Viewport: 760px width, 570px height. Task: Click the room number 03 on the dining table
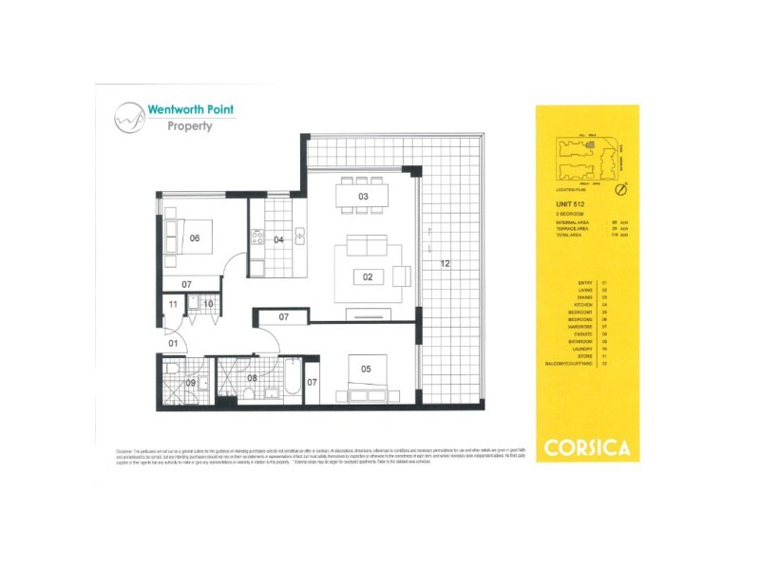362,197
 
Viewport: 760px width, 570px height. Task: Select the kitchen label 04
278,239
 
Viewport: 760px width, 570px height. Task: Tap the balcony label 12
444,264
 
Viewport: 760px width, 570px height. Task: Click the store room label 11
172,304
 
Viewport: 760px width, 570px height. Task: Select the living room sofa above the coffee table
366,245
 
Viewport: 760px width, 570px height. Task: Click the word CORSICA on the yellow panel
587,446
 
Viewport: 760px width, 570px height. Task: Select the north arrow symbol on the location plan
620,190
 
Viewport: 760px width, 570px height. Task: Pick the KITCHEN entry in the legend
583,304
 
